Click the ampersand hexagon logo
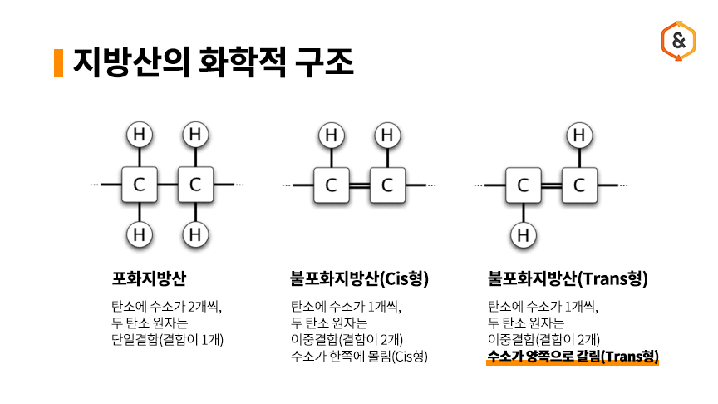point(678,41)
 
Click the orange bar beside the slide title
point(58,62)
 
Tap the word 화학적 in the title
point(248,62)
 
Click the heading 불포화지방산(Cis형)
point(352,278)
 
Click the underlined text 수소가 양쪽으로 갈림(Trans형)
point(573,357)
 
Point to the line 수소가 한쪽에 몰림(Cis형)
point(359,357)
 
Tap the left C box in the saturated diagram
point(140,185)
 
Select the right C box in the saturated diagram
point(195,185)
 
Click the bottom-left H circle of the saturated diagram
point(140,235)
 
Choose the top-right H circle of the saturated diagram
point(195,134)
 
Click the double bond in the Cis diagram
point(359,185)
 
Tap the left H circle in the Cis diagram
point(332,135)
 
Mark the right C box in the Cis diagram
point(386,185)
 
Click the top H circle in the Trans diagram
point(579,135)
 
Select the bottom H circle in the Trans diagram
point(524,236)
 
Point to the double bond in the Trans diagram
point(551,185)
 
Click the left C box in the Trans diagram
point(524,185)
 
